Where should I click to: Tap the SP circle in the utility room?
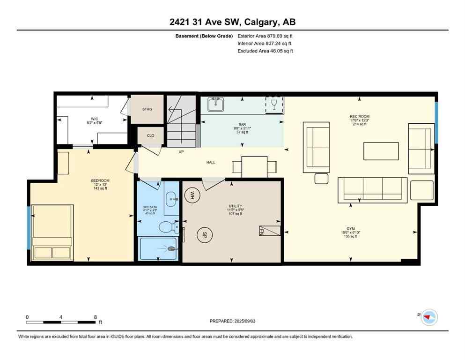point(204,235)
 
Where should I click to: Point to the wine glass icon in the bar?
point(274,105)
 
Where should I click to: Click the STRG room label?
point(147,109)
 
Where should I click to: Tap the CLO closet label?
point(150,135)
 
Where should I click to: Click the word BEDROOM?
point(100,180)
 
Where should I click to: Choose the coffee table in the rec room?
point(381,151)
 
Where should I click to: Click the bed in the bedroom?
point(52,232)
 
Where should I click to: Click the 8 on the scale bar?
point(96,317)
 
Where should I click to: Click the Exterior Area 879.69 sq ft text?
point(265,36)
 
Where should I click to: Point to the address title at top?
point(232,22)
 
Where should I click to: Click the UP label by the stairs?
point(181,152)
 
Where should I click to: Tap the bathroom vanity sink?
point(171,198)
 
